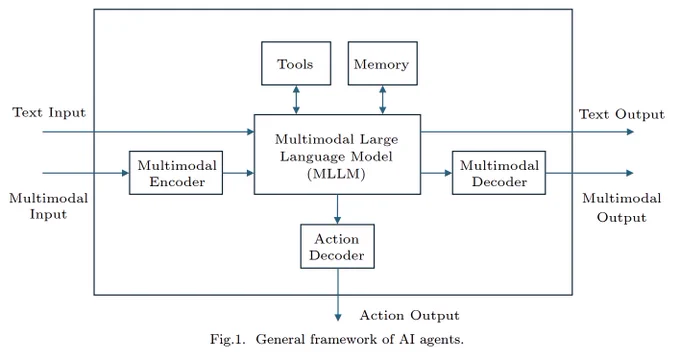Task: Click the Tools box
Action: click(x=296, y=63)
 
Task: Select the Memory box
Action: click(x=382, y=63)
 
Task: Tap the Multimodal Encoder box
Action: click(x=176, y=173)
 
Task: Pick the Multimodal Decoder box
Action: click(x=499, y=173)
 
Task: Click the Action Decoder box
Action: click(x=337, y=246)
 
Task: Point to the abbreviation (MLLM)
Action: click(x=337, y=174)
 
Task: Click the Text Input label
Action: click(x=49, y=112)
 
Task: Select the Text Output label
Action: click(x=621, y=114)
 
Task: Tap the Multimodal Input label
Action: click(x=49, y=206)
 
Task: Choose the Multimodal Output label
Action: click(x=621, y=208)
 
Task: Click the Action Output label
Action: click(x=409, y=315)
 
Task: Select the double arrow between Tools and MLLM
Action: click(x=296, y=100)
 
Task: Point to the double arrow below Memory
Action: click(x=382, y=100)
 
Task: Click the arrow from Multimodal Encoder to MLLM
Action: click(x=239, y=173)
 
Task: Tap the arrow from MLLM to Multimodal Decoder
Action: click(x=436, y=173)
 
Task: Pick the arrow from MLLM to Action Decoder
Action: click(x=337, y=209)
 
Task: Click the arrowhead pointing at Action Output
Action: click(x=338, y=317)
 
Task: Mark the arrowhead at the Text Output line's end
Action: click(x=630, y=132)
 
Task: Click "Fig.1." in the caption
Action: click(x=228, y=339)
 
